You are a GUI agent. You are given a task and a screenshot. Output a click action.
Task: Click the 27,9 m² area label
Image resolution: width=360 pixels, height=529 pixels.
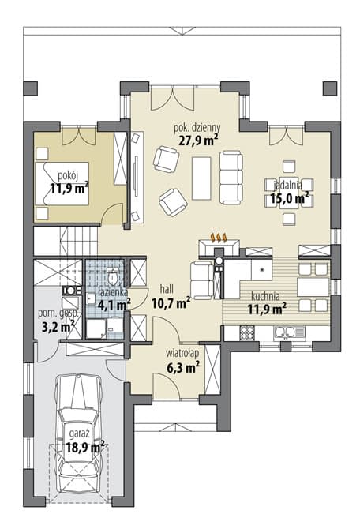click(198, 140)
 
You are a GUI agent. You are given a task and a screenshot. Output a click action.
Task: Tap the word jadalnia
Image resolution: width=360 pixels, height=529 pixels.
click(288, 186)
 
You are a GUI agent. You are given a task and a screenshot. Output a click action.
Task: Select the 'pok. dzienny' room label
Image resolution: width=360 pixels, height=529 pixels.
click(197, 128)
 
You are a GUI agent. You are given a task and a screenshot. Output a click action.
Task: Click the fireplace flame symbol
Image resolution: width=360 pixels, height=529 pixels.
click(219, 238)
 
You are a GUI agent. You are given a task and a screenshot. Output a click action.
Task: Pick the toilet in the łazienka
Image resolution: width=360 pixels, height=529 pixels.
click(113, 277)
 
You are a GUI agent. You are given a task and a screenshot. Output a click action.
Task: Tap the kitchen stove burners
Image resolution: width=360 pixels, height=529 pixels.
click(248, 332)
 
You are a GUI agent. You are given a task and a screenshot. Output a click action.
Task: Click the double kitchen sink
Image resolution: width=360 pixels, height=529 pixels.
click(289, 332)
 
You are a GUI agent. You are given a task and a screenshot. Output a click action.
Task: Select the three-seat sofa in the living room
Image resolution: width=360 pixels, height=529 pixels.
click(231, 178)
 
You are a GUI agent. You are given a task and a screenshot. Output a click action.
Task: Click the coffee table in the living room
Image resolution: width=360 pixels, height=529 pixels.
click(201, 178)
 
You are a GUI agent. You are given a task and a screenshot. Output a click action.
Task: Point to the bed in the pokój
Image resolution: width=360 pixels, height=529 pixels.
click(62, 183)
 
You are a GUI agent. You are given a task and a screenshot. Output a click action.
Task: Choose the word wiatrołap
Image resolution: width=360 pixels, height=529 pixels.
click(182, 353)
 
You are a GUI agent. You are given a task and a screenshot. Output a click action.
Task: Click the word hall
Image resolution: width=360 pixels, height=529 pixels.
click(167, 289)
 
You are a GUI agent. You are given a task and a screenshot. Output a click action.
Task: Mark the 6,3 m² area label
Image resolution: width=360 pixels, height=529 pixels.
click(182, 366)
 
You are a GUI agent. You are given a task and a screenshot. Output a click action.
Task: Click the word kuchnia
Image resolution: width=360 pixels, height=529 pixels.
click(265, 297)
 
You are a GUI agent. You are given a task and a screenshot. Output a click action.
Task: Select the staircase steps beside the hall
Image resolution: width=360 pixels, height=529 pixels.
click(79, 240)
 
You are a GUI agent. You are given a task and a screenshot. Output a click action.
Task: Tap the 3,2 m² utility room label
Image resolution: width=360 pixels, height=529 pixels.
click(58, 327)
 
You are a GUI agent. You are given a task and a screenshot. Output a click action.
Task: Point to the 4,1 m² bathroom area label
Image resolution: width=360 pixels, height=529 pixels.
click(114, 305)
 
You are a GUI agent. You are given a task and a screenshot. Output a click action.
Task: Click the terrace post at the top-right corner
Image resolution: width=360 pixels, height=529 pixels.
click(330, 88)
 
